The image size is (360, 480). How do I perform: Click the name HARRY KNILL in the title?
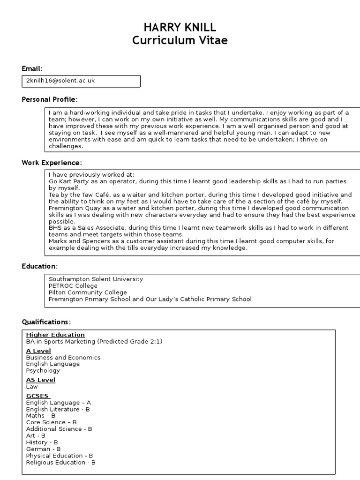(x=180, y=27)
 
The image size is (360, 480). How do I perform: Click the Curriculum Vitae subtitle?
(x=180, y=40)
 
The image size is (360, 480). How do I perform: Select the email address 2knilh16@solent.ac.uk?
(x=60, y=81)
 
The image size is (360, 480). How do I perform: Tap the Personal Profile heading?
(x=50, y=99)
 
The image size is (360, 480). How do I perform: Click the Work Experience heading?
(x=52, y=163)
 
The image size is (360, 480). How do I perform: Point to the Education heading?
(x=40, y=266)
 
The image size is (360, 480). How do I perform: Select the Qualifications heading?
(x=46, y=322)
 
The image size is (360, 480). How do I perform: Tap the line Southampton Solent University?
(x=96, y=279)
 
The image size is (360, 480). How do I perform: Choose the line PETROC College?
(x=73, y=286)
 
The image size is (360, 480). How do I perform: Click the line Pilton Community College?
(x=88, y=292)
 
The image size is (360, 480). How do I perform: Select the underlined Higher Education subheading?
(x=55, y=335)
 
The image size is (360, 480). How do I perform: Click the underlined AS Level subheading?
(x=40, y=380)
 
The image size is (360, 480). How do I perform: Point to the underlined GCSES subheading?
(x=38, y=396)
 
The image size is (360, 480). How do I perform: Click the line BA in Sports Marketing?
(x=94, y=342)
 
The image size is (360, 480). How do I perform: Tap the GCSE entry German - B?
(x=43, y=449)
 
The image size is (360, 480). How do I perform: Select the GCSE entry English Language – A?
(x=58, y=403)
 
